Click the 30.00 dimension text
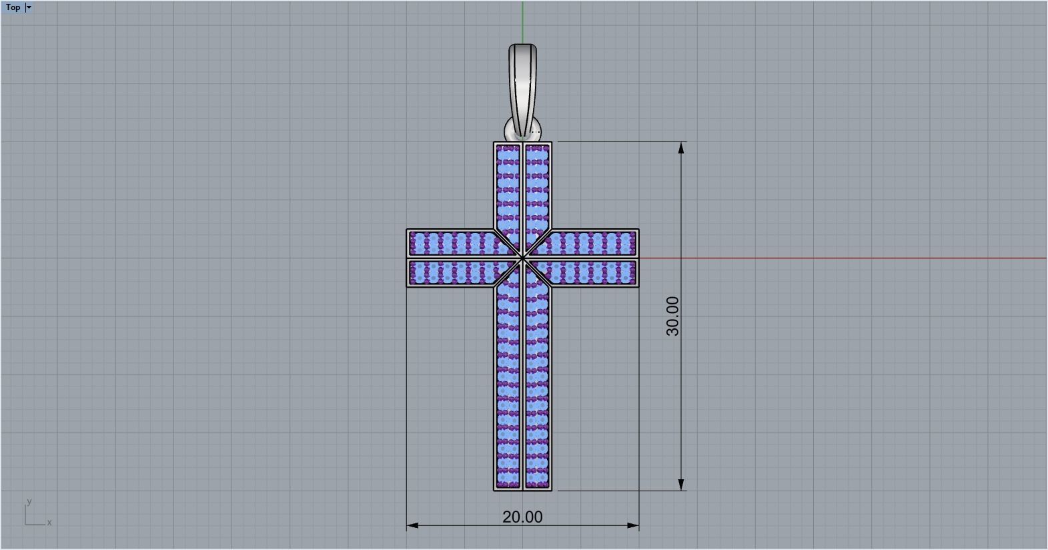pyautogui.click(x=672, y=316)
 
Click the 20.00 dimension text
pyautogui.click(x=522, y=517)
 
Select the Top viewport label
pyautogui.click(x=13, y=7)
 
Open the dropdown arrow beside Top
pyautogui.click(x=29, y=7)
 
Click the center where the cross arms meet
pyautogui.click(x=523, y=258)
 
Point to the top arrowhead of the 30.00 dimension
pyautogui.click(x=681, y=148)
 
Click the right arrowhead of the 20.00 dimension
pyautogui.click(x=633, y=525)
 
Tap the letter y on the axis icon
pyautogui.click(x=29, y=501)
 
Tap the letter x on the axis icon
pyautogui.click(x=49, y=523)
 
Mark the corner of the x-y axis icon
pyautogui.click(x=25, y=524)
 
